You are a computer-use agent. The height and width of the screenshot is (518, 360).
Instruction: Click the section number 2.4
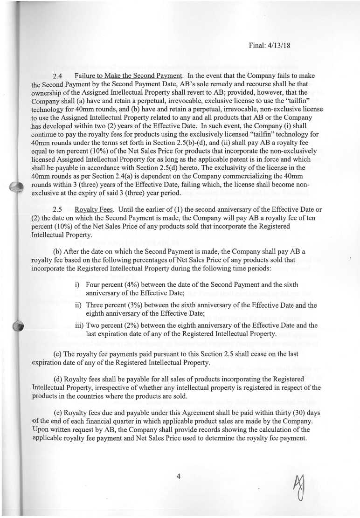pyautogui.click(x=58, y=76)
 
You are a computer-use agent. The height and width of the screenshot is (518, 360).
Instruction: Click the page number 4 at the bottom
pyautogui.click(x=178, y=476)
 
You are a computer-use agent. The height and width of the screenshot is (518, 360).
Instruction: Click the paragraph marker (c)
pyautogui.click(x=60, y=354)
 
